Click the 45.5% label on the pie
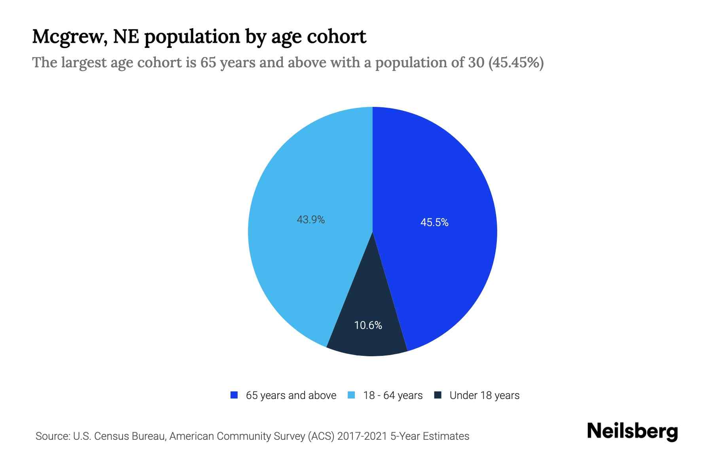click(x=434, y=222)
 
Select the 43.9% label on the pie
click(x=311, y=219)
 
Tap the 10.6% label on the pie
click(x=368, y=325)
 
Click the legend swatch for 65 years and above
click(x=234, y=395)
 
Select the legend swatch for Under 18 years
click(x=437, y=395)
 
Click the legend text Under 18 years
click(x=484, y=395)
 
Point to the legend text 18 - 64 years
click(x=392, y=395)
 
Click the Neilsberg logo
click(x=632, y=431)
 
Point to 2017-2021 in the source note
click(x=362, y=436)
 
